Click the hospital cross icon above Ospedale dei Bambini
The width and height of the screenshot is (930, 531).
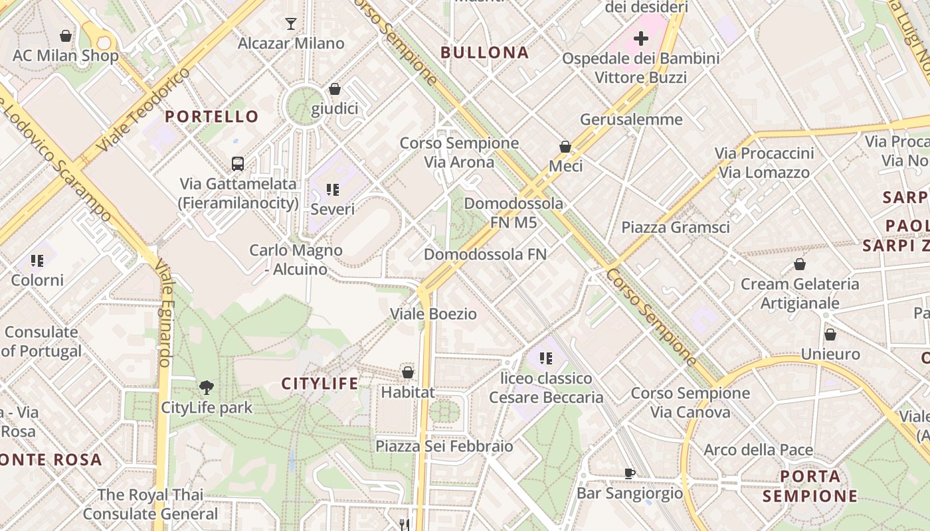coord(640,38)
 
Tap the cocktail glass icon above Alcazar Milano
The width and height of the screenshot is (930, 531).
coord(291,24)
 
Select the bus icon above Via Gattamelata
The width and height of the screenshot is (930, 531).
coord(237,163)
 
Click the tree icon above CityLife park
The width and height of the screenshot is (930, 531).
coord(207,387)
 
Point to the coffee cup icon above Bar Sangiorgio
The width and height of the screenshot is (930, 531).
coord(629,473)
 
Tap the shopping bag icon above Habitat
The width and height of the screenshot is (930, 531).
coord(408,372)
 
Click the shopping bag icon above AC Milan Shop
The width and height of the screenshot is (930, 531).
coord(66,36)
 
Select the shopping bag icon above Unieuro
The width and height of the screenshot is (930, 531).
coord(830,335)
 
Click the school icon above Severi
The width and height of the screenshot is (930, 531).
coord(333,190)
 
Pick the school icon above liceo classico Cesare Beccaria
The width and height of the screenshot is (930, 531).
coord(546,359)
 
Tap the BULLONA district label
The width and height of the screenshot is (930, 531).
coord(484,52)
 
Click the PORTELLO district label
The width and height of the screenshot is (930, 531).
coord(212,117)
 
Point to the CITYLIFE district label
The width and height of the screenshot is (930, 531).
coord(320,384)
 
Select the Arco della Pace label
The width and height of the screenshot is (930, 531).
coord(758,450)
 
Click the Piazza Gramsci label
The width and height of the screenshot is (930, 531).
coord(675,227)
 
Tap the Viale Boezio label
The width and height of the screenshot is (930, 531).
coord(433,314)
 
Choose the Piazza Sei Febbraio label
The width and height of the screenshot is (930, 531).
coord(444,446)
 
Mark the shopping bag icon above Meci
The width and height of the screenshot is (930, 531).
coord(565,147)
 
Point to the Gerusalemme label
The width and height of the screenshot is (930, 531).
coord(631,119)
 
